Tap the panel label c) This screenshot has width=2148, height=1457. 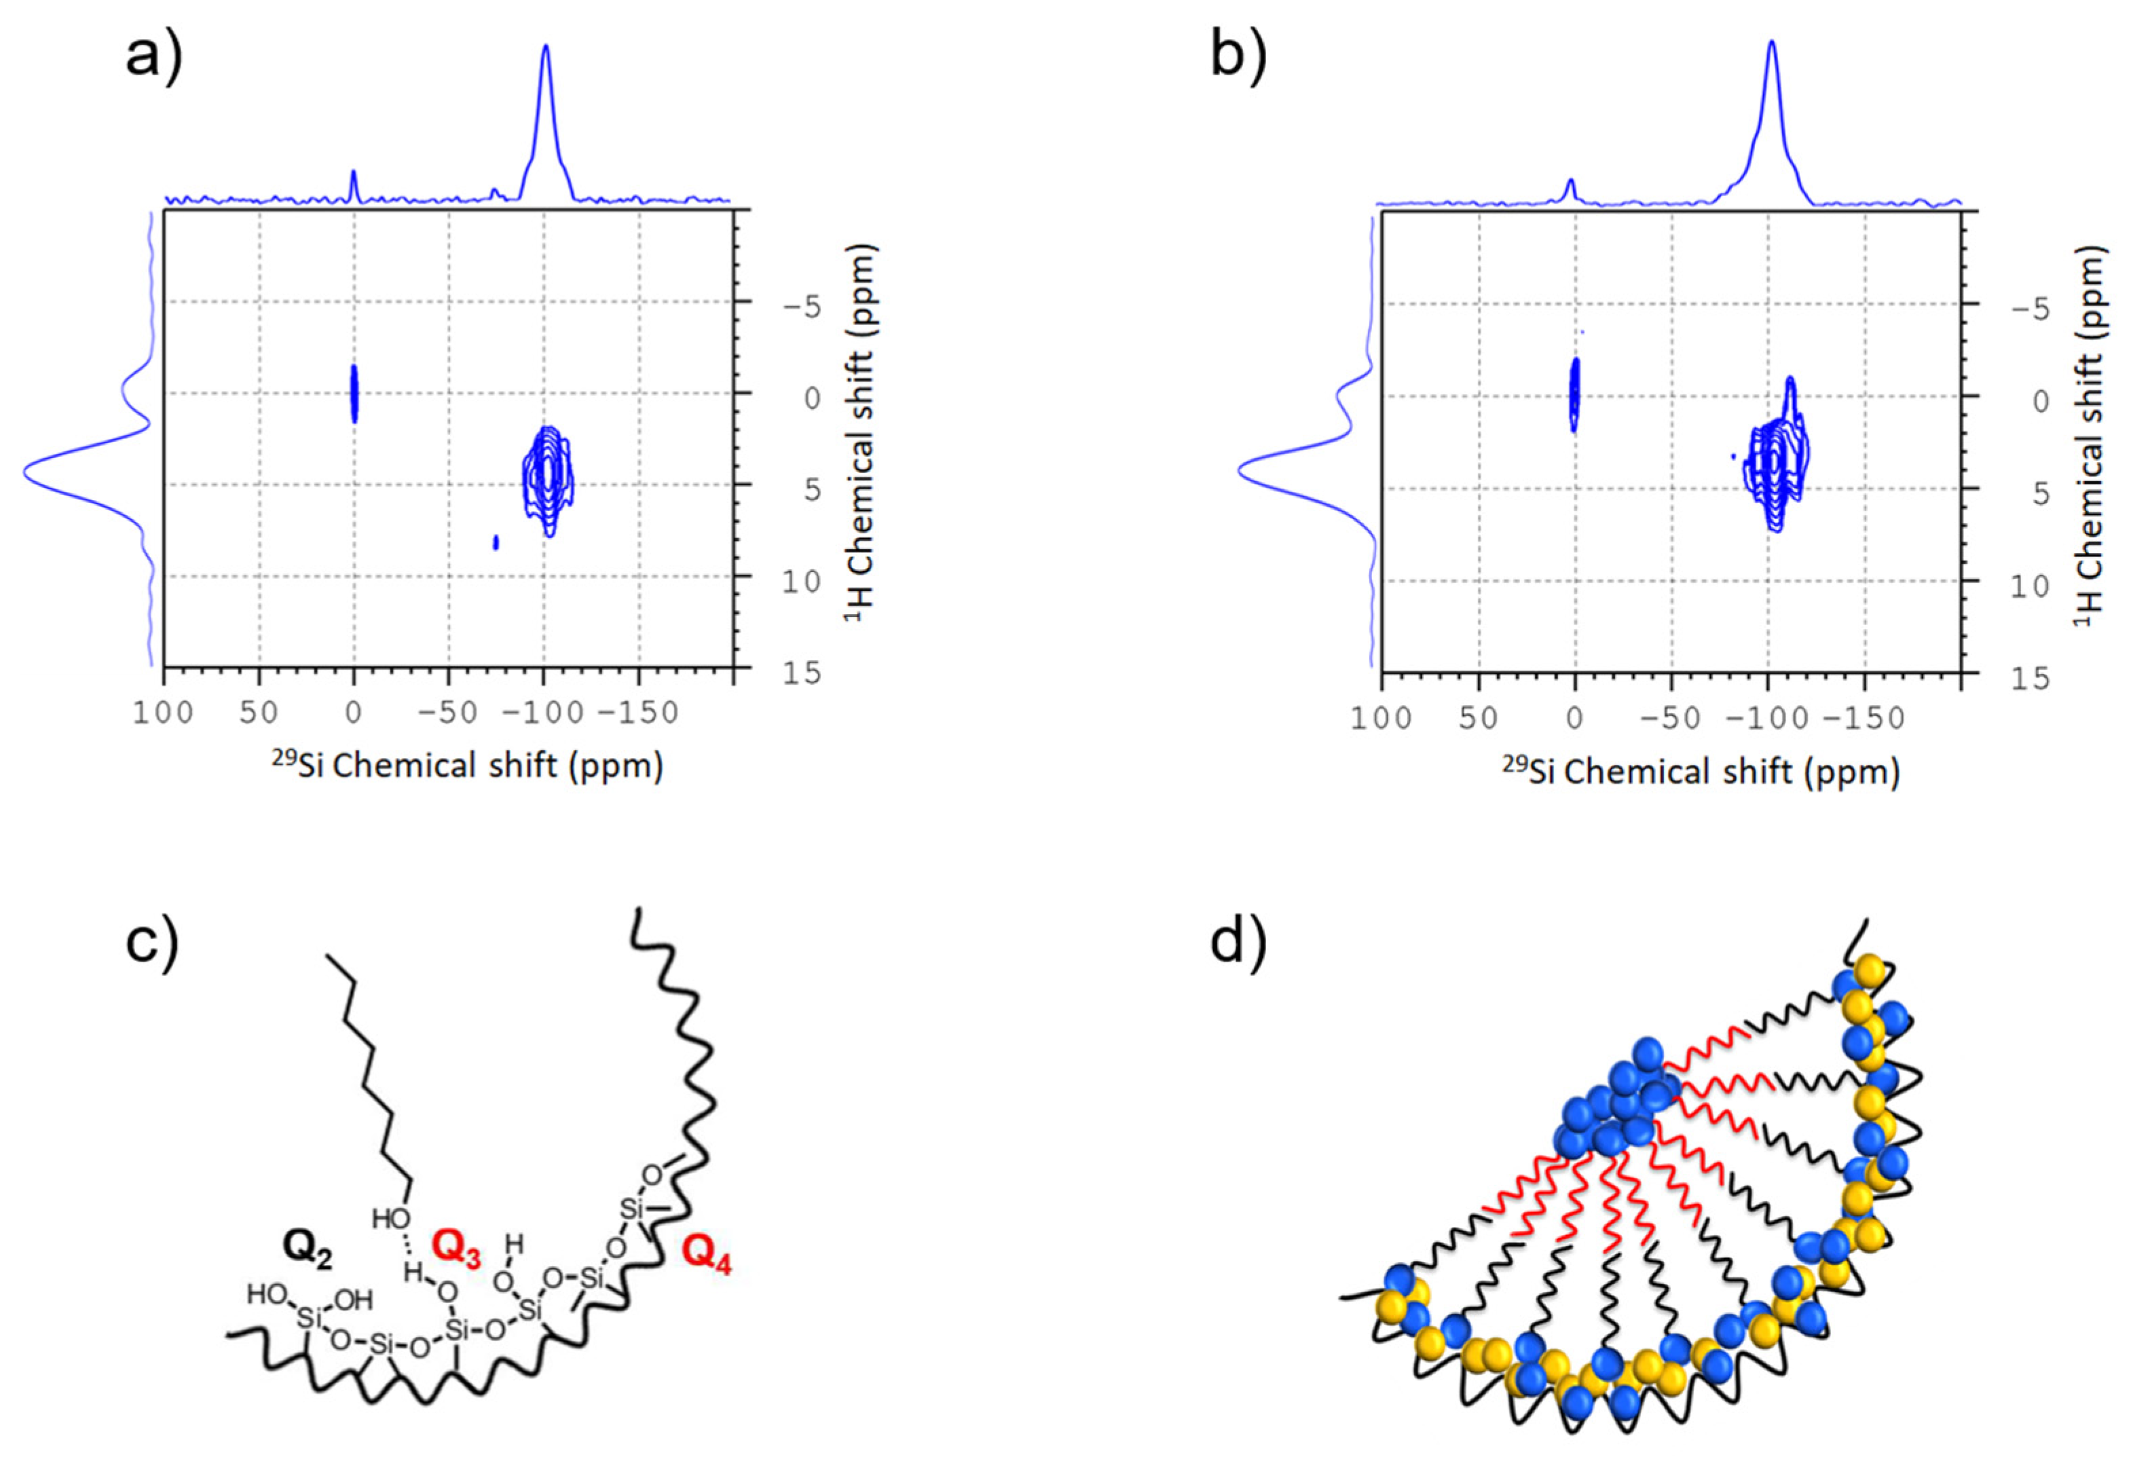[x=153, y=943]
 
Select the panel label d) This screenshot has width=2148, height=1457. [x=1238, y=943]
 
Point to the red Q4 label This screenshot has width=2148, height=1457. [x=707, y=1257]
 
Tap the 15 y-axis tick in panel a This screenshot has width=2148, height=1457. [x=800, y=673]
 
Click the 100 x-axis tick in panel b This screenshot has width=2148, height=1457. [x=1382, y=718]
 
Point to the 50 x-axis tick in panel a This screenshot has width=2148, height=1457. [x=259, y=713]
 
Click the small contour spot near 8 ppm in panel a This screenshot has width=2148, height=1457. [x=496, y=542]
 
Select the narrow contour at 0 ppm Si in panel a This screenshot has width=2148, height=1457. [x=354, y=393]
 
